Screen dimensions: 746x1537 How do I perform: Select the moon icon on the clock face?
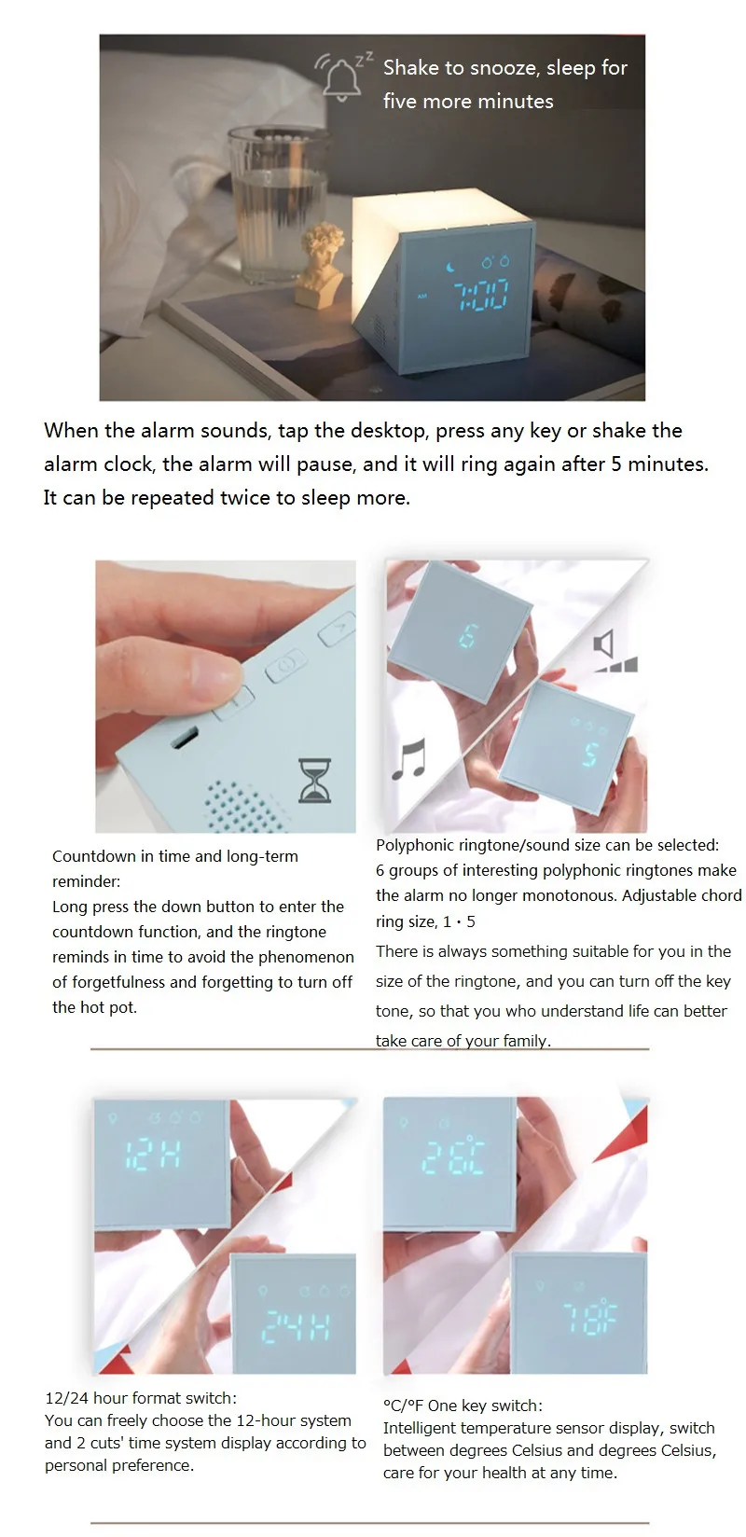pyautogui.click(x=451, y=267)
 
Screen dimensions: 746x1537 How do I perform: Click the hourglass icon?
pyautogui.click(x=315, y=781)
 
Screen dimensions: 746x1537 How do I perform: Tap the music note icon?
pyautogui.click(x=409, y=759)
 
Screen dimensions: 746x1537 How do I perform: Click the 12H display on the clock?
pyautogui.click(x=153, y=1155)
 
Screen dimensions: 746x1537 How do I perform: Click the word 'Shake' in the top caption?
pyautogui.click(x=411, y=67)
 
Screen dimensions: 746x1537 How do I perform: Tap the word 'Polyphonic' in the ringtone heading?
pyautogui.click(x=415, y=845)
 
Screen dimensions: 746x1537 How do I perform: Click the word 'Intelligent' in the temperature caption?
pyautogui.click(x=419, y=1429)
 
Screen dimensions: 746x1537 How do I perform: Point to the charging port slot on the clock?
pyautogui.click(x=184, y=738)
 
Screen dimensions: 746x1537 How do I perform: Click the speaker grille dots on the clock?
pyautogui.click(x=242, y=806)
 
